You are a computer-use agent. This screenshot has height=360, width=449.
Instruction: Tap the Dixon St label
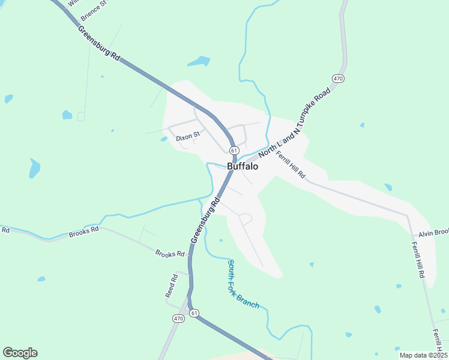pyautogui.click(x=187, y=137)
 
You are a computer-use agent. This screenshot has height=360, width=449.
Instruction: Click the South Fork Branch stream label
pyautogui.click(x=243, y=284)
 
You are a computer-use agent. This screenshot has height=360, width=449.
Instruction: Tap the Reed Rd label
pyautogui.click(x=172, y=286)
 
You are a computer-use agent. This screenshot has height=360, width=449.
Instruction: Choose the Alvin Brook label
pyautogui.click(x=433, y=233)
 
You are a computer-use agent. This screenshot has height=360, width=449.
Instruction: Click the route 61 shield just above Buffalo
pyautogui.click(x=234, y=150)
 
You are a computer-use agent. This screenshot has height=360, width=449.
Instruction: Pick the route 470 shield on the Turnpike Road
pyautogui.click(x=338, y=79)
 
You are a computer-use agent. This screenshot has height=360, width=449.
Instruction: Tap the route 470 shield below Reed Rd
pyautogui.click(x=178, y=317)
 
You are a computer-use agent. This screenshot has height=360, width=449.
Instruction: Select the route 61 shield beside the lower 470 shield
pyautogui.click(x=194, y=313)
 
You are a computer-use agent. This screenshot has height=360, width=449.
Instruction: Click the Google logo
pyautogui.click(x=20, y=353)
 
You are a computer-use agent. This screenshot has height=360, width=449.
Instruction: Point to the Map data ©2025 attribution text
pyautogui.click(x=423, y=355)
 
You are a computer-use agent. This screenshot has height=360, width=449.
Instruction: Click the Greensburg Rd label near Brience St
pyautogui.click(x=100, y=41)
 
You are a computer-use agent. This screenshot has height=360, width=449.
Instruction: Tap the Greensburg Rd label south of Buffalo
pyautogui.click(x=203, y=219)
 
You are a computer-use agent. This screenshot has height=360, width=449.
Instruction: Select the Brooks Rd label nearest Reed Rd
pyautogui.click(x=170, y=254)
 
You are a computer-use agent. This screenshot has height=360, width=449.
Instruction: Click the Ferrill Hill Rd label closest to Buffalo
pyautogui.click(x=291, y=164)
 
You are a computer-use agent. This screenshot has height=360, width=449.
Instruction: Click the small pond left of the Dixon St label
pyautogui.click(x=164, y=139)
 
